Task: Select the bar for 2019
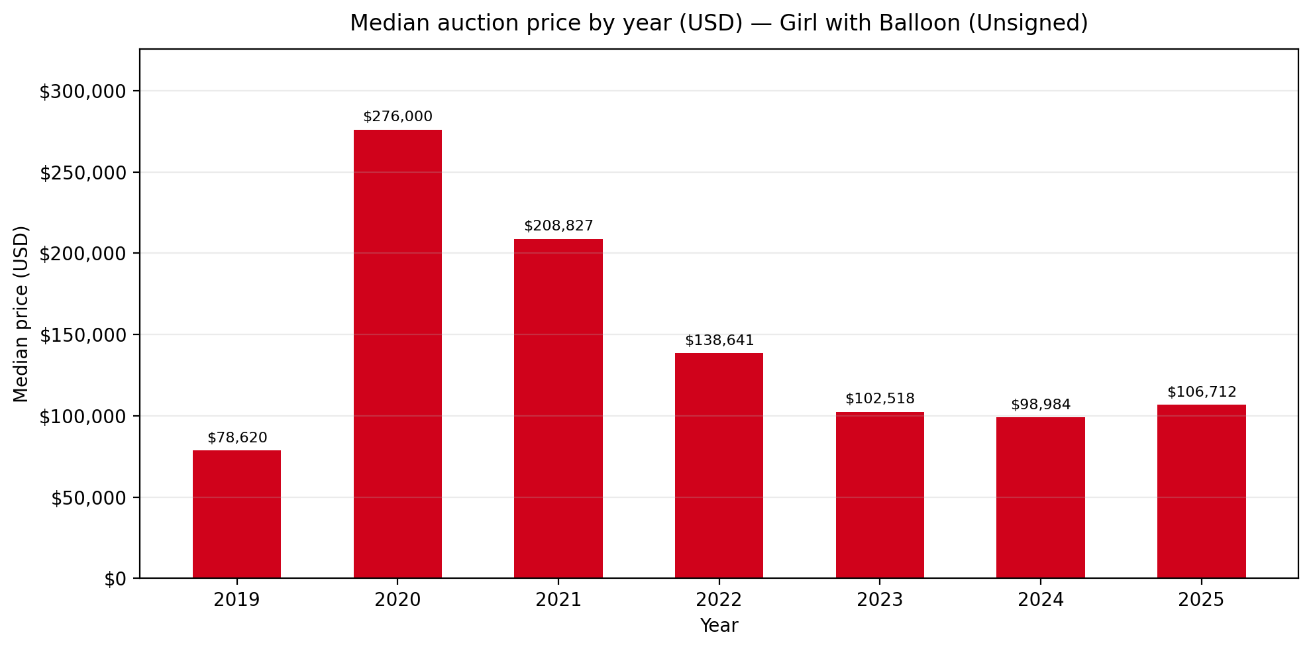pyautogui.click(x=236, y=514)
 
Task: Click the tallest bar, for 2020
pyautogui.click(x=397, y=354)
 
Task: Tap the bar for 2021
pyautogui.click(x=558, y=408)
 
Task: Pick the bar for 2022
pyautogui.click(x=719, y=465)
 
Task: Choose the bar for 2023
pyautogui.click(x=880, y=495)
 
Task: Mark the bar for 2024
pyautogui.click(x=1040, y=497)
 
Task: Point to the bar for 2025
pyautogui.click(x=1201, y=491)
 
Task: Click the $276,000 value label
pyautogui.click(x=397, y=117)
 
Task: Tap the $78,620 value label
pyautogui.click(x=237, y=438)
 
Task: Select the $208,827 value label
pyautogui.click(x=558, y=226)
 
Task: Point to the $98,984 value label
pyautogui.click(x=1041, y=405)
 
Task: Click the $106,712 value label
pyautogui.click(x=1202, y=392)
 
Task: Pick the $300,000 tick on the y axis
pyautogui.click(x=83, y=91)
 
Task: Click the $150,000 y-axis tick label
pyautogui.click(x=83, y=335)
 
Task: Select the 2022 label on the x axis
pyautogui.click(x=719, y=600)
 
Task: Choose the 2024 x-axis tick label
pyautogui.click(x=1040, y=600)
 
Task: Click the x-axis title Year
pyautogui.click(x=719, y=625)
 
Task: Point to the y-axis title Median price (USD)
pyautogui.click(x=21, y=314)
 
